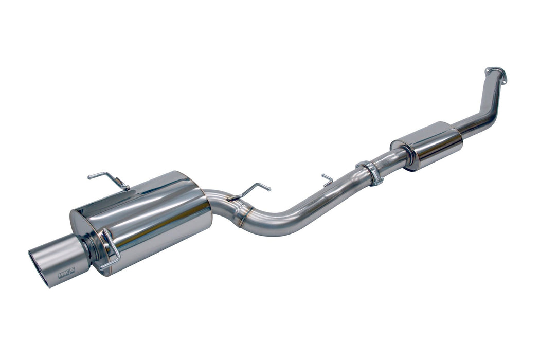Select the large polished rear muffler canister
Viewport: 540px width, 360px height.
point(149,216)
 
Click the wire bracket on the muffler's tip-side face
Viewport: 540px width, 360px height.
point(109,249)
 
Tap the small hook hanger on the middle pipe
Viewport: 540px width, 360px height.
point(327,179)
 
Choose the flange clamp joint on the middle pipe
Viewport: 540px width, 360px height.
point(370,173)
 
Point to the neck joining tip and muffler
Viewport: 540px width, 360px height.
point(91,250)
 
